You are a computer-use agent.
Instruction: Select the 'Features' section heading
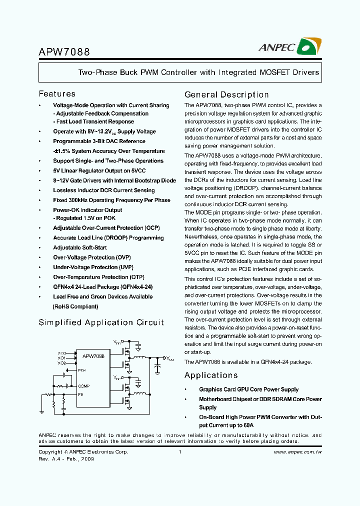[57, 93]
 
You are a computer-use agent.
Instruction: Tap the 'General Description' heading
[226, 94]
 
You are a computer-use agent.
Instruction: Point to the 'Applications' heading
[211, 375]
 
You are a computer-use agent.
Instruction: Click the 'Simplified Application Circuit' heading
[101, 322]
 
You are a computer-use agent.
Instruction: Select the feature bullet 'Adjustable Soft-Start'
[80, 247]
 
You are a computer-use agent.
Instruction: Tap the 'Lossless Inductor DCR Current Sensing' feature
[103, 190]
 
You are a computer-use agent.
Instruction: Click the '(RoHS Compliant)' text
[75, 306]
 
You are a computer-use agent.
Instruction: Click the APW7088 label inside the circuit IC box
[93, 356]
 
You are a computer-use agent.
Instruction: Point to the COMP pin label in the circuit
[83, 386]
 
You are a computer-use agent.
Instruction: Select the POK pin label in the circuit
[82, 370]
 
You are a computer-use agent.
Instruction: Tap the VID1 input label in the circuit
[61, 358]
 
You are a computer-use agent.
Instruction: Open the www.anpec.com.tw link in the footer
[297, 452]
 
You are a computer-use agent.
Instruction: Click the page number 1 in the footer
[179, 452]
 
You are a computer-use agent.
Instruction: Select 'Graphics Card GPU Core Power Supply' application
[248, 389]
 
